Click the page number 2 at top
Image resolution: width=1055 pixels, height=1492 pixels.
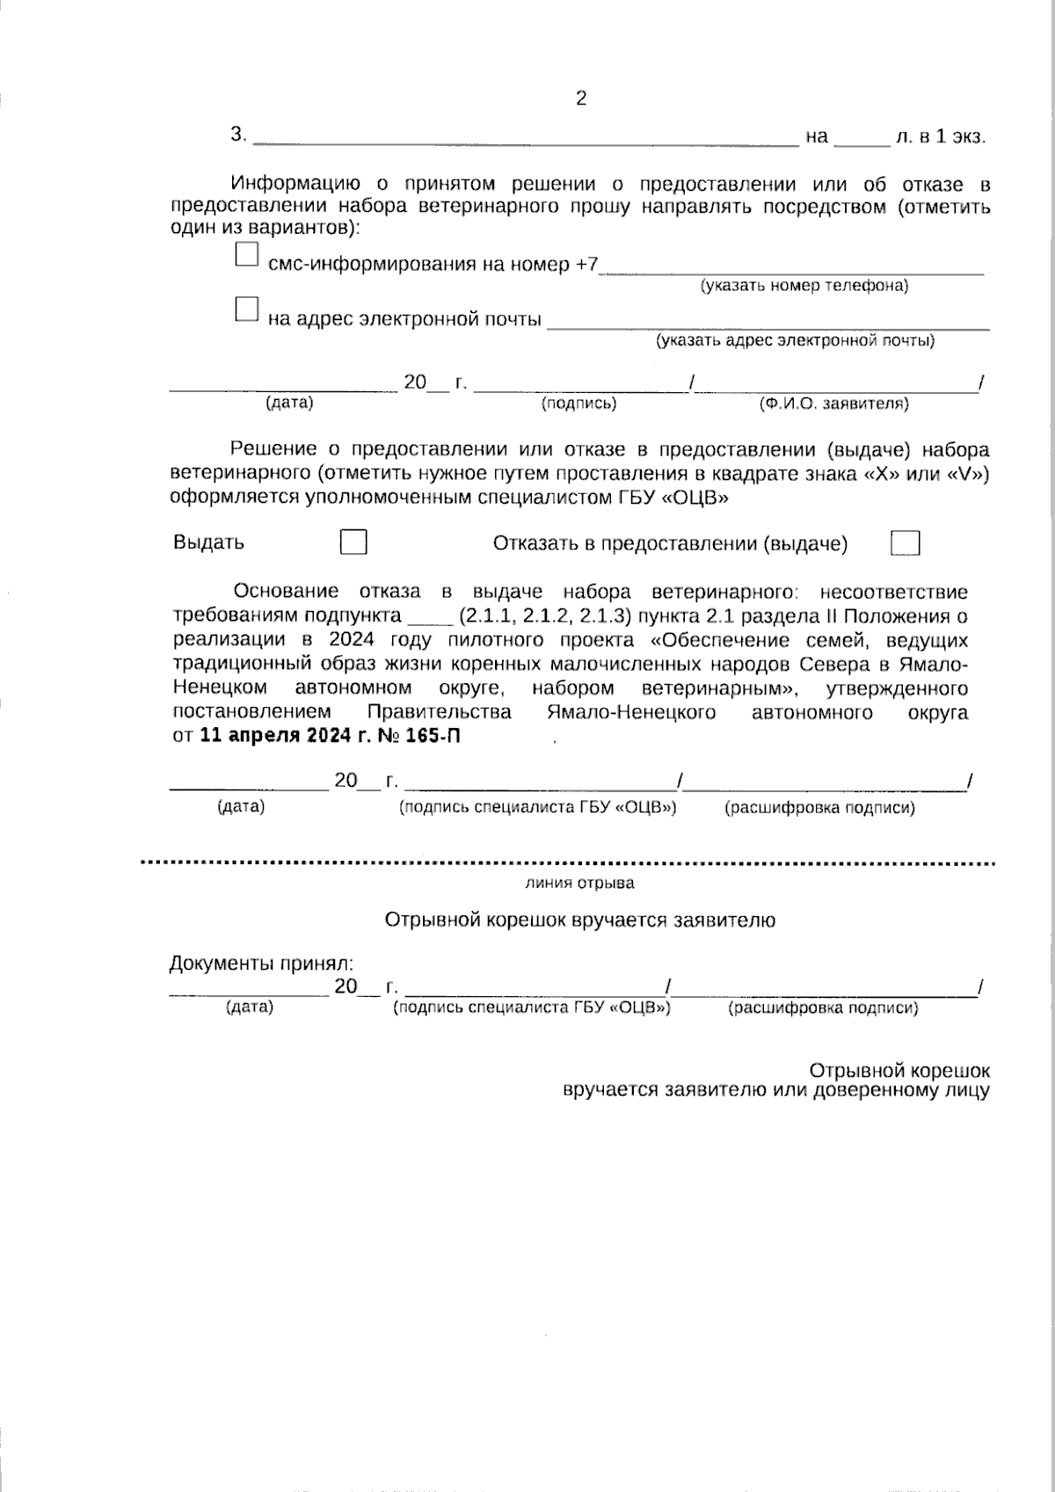(x=580, y=98)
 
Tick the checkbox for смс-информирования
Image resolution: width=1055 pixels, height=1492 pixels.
(x=247, y=255)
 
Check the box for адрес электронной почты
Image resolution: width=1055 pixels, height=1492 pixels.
(x=247, y=309)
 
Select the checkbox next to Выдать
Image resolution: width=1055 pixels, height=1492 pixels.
(x=353, y=542)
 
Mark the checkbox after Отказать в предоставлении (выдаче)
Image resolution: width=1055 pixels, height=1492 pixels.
(x=905, y=543)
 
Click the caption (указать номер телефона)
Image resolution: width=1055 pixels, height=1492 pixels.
(x=804, y=286)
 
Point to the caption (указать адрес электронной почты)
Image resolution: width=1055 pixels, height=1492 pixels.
(x=795, y=340)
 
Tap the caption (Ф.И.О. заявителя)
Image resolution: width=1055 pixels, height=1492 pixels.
(x=833, y=404)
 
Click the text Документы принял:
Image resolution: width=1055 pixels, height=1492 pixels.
(x=261, y=964)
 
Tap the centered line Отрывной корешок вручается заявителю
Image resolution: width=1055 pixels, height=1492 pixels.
(x=580, y=921)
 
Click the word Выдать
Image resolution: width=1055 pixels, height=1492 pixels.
(x=208, y=542)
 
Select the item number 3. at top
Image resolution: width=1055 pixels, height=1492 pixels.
(x=238, y=135)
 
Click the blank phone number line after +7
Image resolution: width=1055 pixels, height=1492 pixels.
(x=791, y=267)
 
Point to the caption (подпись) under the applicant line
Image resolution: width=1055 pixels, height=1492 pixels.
(x=578, y=404)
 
